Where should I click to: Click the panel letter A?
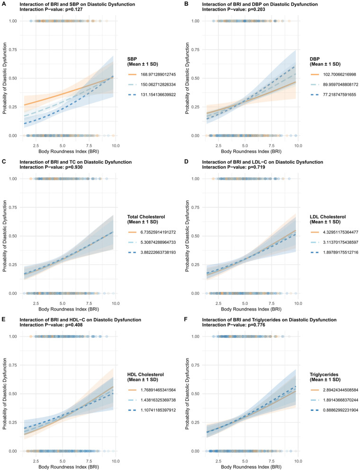4,4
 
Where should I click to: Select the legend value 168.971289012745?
158,74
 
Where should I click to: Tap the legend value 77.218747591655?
339,95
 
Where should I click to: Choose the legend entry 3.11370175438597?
341,242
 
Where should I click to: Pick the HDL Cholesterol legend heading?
145,374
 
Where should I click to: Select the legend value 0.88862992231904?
341,410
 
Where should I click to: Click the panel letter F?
186,320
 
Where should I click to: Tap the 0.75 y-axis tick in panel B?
195,50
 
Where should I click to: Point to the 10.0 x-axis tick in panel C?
116,303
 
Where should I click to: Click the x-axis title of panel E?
69,467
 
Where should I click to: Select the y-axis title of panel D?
187,236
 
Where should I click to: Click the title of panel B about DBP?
260,4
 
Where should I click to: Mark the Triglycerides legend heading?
324,374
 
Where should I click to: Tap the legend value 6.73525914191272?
158,232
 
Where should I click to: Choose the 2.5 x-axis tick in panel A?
36,146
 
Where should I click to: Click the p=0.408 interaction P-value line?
51,325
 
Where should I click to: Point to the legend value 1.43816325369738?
158,400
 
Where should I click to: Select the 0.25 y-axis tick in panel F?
195,422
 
